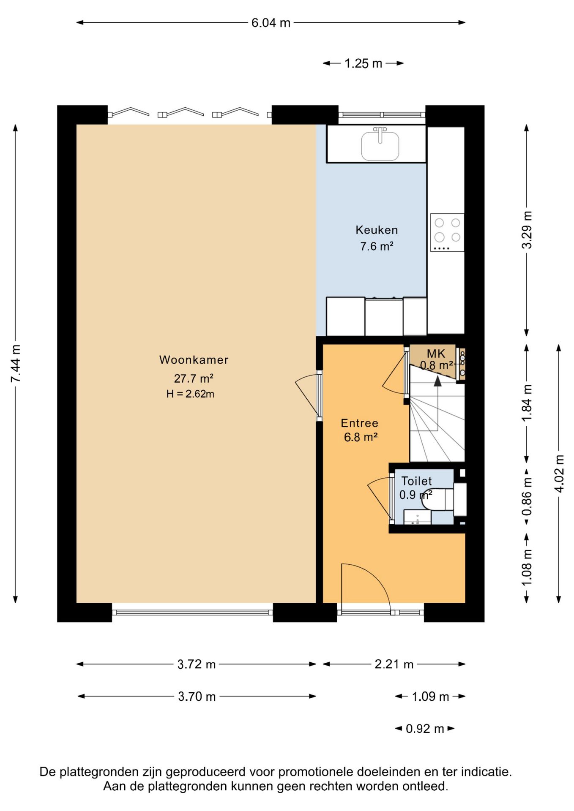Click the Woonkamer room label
[194, 360]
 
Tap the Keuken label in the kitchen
[377, 230]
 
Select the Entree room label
[359, 423]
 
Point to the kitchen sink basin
[380, 146]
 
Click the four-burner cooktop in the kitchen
[447, 233]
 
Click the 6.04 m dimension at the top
[271, 23]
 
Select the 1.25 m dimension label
[363, 63]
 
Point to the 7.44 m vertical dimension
[16, 364]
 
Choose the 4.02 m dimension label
[559, 474]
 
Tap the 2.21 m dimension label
[394, 664]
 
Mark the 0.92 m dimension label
[425, 729]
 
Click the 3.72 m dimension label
[197, 664]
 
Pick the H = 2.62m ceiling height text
[190, 394]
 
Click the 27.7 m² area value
[194, 378]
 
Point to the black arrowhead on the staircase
[438, 381]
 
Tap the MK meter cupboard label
[436, 354]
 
